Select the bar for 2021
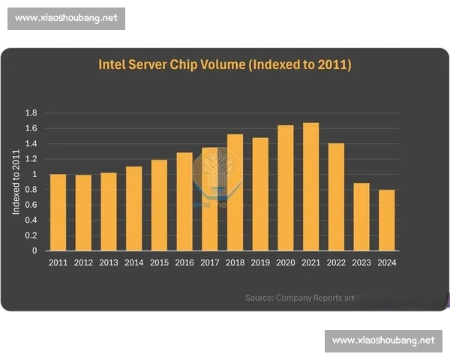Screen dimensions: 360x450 coord(310,187)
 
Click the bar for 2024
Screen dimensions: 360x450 coord(386,220)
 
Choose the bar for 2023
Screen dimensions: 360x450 coord(361,217)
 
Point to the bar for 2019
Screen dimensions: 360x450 coord(260,194)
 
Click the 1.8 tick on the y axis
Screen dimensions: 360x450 coord(31,112)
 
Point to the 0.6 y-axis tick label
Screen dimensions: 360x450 coord(31,205)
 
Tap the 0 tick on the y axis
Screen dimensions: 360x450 coord(34,251)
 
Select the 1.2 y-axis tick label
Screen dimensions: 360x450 coord(31,159)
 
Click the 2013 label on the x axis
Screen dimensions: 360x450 coord(109,262)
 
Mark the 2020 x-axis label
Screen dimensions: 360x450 coord(286,262)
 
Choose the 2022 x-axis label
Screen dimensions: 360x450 coord(336,262)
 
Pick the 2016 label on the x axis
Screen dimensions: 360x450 coord(184,262)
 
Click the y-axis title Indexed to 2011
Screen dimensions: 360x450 coord(16,181)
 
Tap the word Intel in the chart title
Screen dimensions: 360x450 coord(113,65)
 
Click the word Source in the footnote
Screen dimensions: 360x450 coord(259,298)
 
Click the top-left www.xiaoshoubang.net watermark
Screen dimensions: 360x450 coord(67,19)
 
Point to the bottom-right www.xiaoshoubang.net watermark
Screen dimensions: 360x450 coord(383,340)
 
